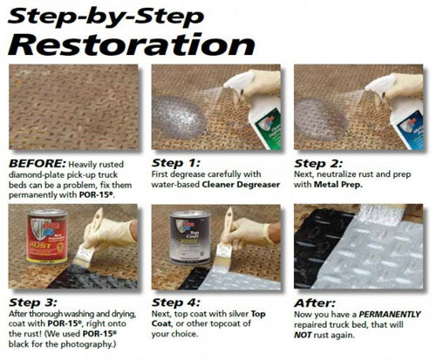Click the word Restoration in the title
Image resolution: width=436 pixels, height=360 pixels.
[132, 44]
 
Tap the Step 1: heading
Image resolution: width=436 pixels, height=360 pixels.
[176, 163]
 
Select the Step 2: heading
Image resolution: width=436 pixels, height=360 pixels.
[318, 163]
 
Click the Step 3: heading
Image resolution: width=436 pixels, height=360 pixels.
[33, 302]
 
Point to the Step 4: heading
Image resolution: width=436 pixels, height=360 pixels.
[176, 302]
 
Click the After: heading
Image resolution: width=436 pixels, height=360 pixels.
[315, 303]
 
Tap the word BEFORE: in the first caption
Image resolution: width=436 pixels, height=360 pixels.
[37, 164]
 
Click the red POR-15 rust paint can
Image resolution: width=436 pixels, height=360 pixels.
[47, 236]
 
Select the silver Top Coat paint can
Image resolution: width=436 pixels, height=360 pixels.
[190, 237]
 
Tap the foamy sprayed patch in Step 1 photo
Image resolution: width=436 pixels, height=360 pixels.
[180, 117]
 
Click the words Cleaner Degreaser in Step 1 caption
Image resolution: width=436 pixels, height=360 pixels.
[241, 185]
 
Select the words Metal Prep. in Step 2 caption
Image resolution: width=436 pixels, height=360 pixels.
[338, 185]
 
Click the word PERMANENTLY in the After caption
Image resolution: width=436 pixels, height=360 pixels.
[390, 315]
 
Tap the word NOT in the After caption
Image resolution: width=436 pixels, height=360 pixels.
[303, 335]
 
